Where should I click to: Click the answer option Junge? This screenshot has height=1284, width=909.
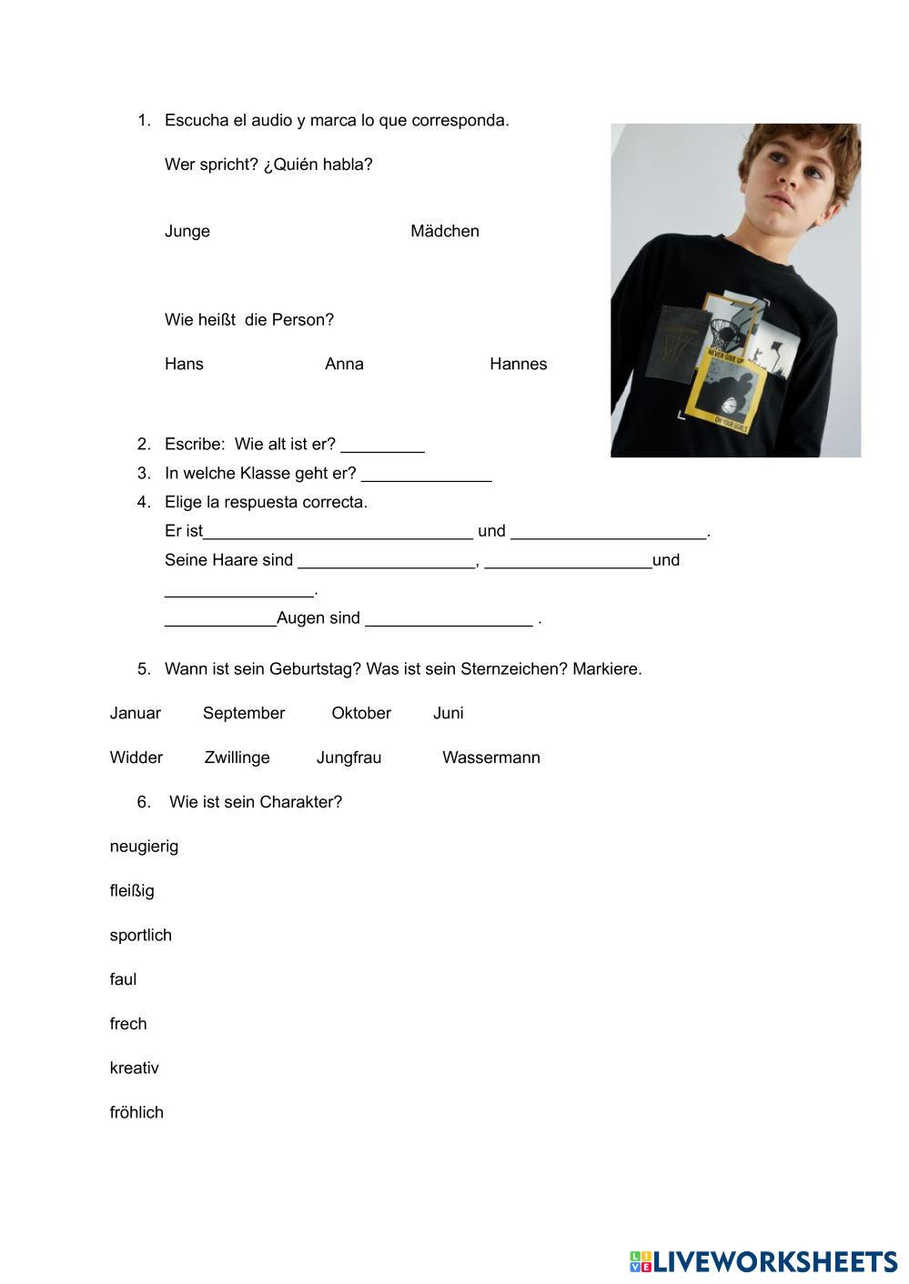(187, 231)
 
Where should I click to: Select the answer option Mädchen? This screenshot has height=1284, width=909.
(444, 231)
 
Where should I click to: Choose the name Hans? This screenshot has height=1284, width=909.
(184, 364)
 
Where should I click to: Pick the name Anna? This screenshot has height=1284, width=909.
(344, 364)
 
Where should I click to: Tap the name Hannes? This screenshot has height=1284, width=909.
(518, 364)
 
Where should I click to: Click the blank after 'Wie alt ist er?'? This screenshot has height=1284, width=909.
(382, 445)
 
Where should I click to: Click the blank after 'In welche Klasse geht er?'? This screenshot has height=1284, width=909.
(426, 474)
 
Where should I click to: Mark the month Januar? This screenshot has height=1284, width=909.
(135, 713)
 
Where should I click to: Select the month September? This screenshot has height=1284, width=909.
(244, 713)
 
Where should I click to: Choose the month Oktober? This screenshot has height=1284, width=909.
(361, 713)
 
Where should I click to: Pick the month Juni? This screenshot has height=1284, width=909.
(449, 713)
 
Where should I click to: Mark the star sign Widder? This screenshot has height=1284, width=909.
(136, 757)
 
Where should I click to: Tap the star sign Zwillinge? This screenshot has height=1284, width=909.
(237, 757)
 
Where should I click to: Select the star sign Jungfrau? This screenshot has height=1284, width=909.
(348, 757)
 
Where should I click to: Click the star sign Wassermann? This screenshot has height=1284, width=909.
(491, 757)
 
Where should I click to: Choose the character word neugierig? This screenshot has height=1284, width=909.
(144, 847)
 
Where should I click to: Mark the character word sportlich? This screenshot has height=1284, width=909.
(140, 935)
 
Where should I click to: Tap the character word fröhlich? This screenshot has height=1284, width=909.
(136, 1112)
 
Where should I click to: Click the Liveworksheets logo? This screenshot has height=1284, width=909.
(763, 1261)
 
